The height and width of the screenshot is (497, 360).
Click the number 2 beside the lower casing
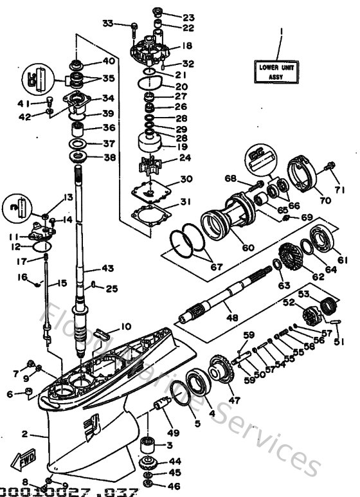point(24,434)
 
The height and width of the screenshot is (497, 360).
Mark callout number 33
point(109,23)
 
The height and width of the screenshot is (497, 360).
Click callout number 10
point(125,327)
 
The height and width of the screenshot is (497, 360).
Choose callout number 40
point(109,62)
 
